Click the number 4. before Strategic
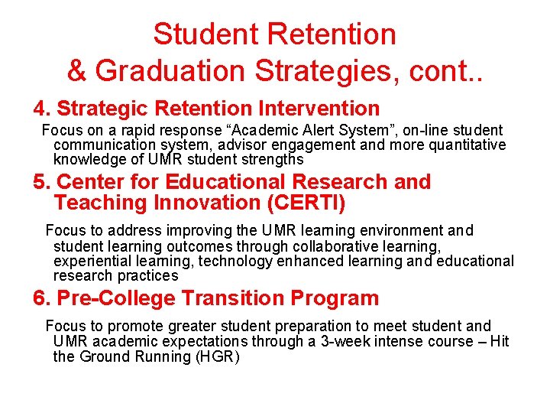[x=42, y=109]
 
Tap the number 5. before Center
[x=42, y=182]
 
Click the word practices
[x=147, y=275]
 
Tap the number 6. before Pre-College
[x=42, y=298]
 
